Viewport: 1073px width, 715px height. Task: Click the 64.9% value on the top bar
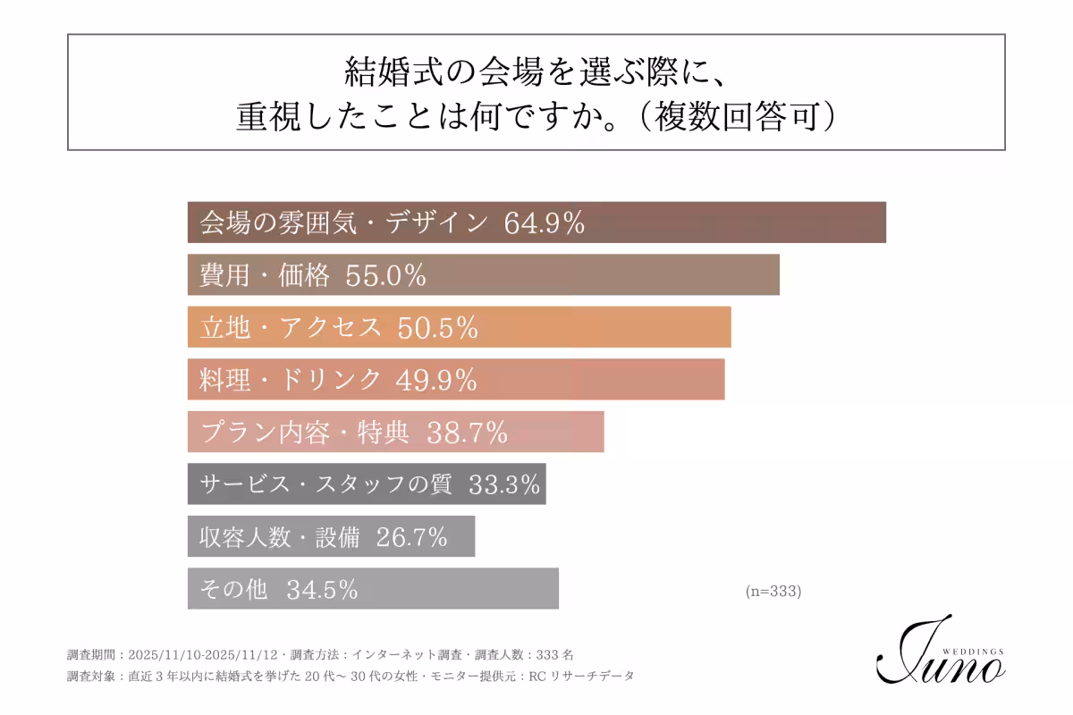[545, 223]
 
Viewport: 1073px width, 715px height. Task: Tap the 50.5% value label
[437, 328]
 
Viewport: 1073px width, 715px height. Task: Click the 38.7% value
[467, 433]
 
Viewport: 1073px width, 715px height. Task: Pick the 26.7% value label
[411, 537]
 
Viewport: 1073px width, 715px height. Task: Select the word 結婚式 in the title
[384, 71]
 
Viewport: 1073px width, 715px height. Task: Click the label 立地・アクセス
[291, 328]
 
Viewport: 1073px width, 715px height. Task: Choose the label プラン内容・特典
[305, 433]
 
